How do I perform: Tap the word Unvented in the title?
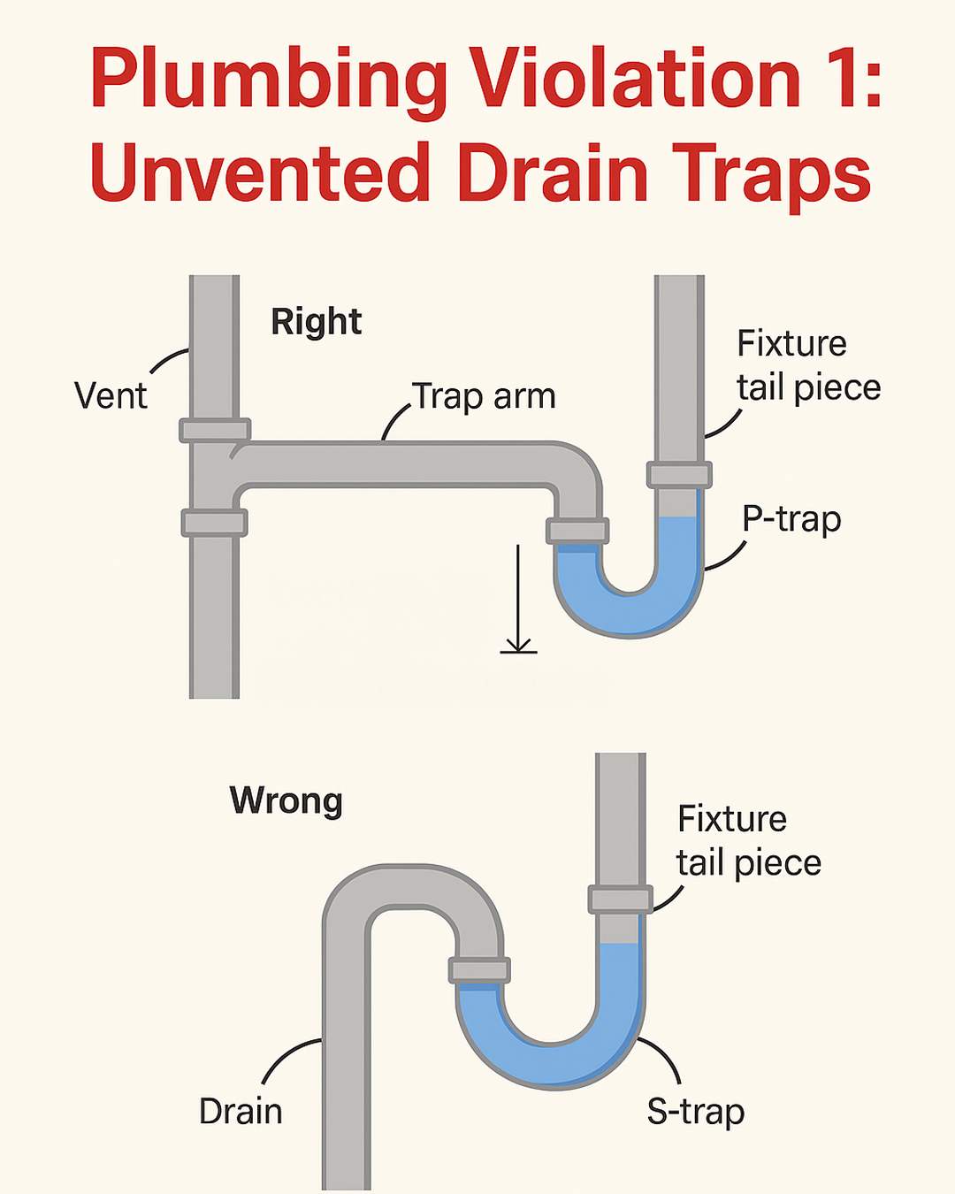point(260,172)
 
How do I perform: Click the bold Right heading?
point(317,321)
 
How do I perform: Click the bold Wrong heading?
point(286,800)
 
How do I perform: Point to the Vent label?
point(111,395)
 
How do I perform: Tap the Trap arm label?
point(484,396)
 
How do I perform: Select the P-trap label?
point(792,520)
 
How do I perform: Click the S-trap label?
point(696,1113)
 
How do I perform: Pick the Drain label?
point(241,1112)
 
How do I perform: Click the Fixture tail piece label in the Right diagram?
point(808,365)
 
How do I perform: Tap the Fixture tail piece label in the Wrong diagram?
point(749,841)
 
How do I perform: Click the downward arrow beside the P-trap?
point(518,599)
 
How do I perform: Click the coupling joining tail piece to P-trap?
point(679,475)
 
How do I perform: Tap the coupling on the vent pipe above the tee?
point(215,431)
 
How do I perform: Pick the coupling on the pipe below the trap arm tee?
point(215,523)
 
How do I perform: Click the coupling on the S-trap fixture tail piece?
point(620,899)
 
